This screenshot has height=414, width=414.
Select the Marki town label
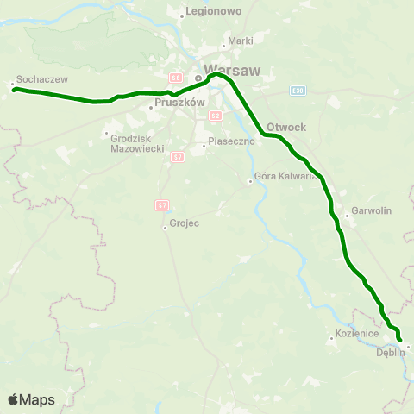(241, 41)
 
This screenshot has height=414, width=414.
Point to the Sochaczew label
(35, 78)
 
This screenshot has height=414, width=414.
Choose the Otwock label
(287, 126)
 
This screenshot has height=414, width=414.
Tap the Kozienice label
(354, 332)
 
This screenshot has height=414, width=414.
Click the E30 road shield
(298, 90)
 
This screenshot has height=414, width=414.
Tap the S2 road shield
(216, 115)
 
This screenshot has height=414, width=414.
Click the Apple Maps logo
(30, 399)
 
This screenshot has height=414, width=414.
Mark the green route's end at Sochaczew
(15, 89)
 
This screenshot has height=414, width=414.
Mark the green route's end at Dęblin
(399, 341)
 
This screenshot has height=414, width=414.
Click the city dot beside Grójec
(165, 228)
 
